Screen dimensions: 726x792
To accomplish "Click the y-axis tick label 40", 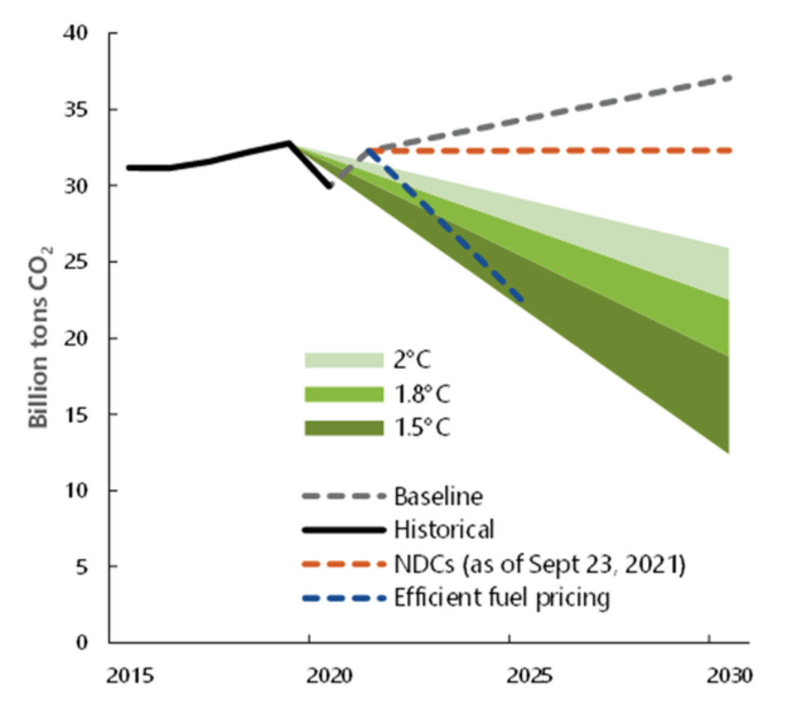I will [76, 33].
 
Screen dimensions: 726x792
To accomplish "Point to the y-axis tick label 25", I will [76, 262].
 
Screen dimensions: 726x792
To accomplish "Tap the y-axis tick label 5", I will [81, 567].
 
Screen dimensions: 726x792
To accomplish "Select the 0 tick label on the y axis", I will [81, 642].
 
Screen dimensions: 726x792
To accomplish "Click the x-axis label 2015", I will [129, 676].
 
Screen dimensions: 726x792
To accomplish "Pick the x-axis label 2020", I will [329, 676].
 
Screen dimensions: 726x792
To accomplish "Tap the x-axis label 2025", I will [529, 676].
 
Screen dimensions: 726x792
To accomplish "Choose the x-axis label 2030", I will [729, 676].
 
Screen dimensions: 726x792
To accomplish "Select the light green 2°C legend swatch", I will [344, 360].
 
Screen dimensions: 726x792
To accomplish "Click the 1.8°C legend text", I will [422, 395].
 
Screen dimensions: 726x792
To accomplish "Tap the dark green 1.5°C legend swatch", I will [344, 429].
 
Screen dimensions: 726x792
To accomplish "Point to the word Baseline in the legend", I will [438, 497].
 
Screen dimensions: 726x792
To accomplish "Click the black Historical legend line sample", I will [344, 530].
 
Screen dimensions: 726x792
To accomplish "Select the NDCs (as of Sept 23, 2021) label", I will [539, 564].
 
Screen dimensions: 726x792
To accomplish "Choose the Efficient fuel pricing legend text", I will [502, 597].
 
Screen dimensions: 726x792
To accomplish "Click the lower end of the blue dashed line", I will [521, 300].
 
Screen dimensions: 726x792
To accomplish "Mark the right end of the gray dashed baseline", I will [730, 77].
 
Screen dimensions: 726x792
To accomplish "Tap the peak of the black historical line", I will [289, 143].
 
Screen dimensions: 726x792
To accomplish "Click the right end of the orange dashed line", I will [730, 151].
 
